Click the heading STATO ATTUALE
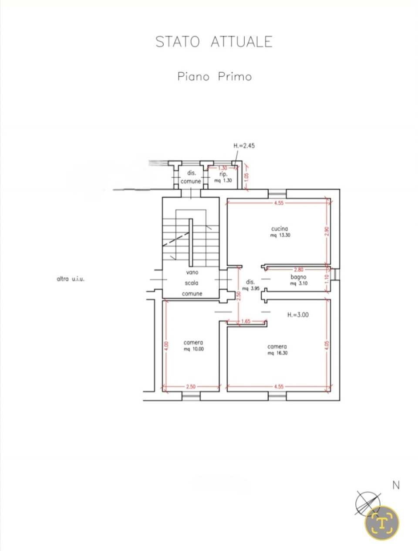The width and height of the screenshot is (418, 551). pyautogui.click(x=214, y=42)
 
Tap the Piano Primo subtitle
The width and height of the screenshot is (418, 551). pyautogui.click(x=215, y=77)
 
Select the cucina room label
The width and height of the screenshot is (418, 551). pyautogui.click(x=280, y=228)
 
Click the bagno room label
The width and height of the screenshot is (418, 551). pyautogui.click(x=298, y=277)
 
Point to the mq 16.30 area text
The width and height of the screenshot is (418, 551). pyautogui.click(x=277, y=353)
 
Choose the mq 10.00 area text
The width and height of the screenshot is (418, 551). pyautogui.click(x=193, y=349)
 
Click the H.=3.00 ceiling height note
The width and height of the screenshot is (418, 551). pyautogui.click(x=298, y=314)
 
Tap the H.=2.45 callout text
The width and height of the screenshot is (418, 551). pyautogui.click(x=244, y=145)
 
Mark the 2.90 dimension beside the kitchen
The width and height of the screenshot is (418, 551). pyautogui.click(x=327, y=231)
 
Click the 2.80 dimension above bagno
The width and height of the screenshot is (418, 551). pyautogui.click(x=299, y=270)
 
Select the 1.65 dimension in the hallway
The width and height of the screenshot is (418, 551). pyautogui.click(x=246, y=321)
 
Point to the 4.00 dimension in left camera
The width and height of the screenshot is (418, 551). pyautogui.click(x=167, y=346)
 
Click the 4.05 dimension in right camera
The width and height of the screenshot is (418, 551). pyautogui.click(x=327, y=345)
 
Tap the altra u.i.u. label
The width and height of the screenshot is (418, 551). pyautogui.click(x=71, y=279)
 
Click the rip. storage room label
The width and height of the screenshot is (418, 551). pyautogui.click(x=223, y=174)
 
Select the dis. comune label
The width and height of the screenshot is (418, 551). pyautogui.click(x=191, y=177)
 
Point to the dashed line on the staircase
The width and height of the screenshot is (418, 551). pyautogui.click(x=176, y=239)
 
